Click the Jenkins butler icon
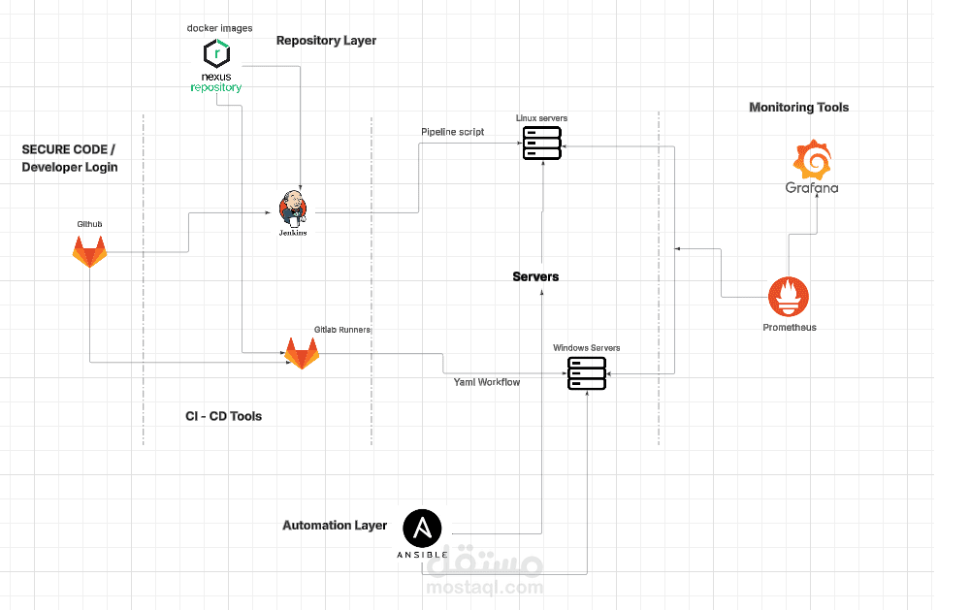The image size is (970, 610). [292, 207]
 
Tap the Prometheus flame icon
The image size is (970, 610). [789, 298]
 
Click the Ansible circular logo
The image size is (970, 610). [423, 529]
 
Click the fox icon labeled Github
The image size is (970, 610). [90, 252]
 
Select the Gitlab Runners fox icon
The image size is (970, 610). [302, 353]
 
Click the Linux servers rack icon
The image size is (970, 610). [542, 143]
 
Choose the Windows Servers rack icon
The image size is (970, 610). [587, 373]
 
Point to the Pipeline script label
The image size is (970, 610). [452, 132]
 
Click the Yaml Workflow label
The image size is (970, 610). [487, 382]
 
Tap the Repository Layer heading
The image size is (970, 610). [326, 41]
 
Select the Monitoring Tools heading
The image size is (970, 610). [798, 108]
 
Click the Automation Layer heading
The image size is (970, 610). [335, 526]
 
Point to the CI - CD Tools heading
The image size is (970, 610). [223, 416]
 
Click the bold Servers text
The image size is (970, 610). [535, 276]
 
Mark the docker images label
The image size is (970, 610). [219, 28]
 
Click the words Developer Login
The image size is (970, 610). [70, 167]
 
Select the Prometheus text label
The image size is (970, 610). [789, 328]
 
